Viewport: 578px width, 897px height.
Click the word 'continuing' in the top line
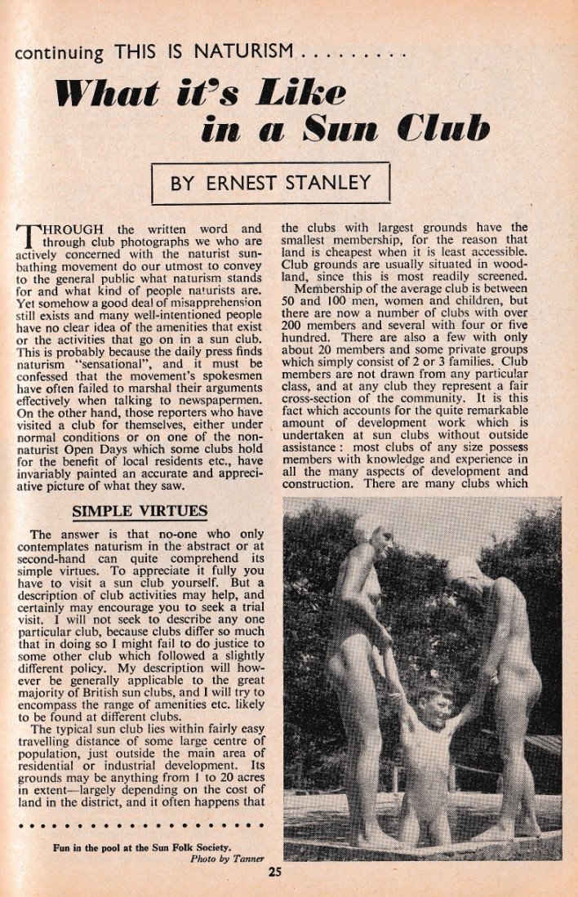[x=60, y=54]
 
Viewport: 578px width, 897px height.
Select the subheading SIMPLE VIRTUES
[x=140, y=512]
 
